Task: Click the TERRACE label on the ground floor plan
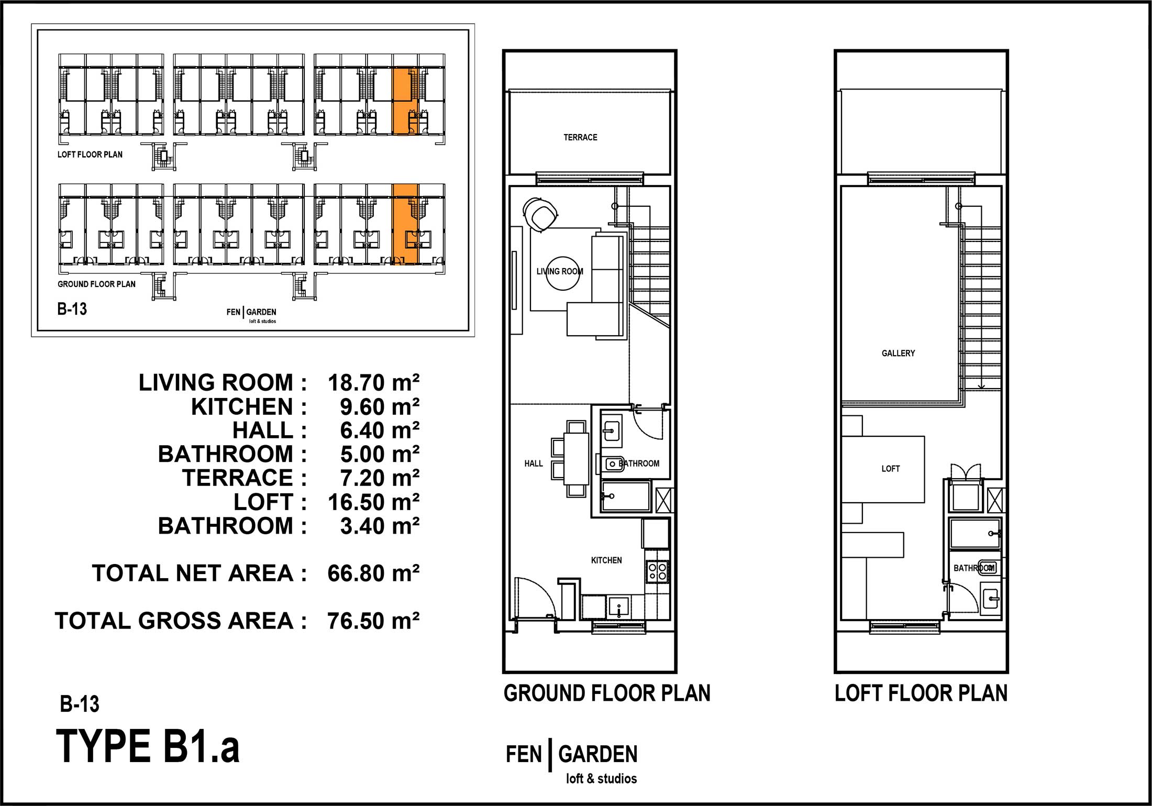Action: click(580, 137)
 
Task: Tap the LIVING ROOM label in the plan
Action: click(560, 271)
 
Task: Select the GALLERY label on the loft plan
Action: click(898, 353)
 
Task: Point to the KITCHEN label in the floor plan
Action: click(606, 560)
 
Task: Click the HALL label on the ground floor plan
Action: click(534, 463)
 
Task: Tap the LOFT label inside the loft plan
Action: click(890, 469)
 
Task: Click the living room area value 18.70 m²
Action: click(373, 383)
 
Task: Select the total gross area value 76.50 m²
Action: click(373, 621)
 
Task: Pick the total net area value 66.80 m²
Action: click(373, 573)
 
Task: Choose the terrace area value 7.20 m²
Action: click(380, 478)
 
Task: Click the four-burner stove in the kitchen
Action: click(658, 571)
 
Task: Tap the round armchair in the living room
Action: click(540, 214)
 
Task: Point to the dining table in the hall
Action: click(576, 459)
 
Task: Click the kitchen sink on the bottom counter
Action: click(619, 608)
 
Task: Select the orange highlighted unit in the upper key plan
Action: click(405, 101)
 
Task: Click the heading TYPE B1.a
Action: click(148, 747)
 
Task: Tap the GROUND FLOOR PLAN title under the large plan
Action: click(607, 693)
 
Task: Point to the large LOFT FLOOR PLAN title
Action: click(921, 693)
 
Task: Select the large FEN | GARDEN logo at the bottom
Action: click(572, 762)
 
